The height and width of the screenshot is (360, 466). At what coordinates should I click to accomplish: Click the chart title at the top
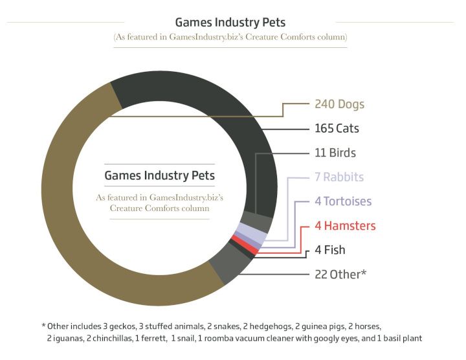pyautogui.click(x=230, y=22)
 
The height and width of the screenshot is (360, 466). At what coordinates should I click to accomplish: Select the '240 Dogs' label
pyautogui.click(x=340, y=104)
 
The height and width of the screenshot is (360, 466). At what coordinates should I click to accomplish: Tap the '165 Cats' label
pyautogui.click(x=337, y=128)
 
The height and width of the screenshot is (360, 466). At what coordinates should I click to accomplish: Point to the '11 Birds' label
pyautogui.click(x=335, y=153)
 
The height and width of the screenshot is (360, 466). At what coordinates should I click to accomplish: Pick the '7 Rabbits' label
pyautogui.click(x=339, y=177)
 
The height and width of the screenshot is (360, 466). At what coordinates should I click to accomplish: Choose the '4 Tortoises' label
pyautogui.click(x=343, y=201)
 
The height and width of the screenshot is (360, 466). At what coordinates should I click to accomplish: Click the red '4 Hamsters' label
pyautogui.click(x=345, y=226)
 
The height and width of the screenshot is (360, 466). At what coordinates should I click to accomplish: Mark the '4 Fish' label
pyautogui.click(x=330, y=250)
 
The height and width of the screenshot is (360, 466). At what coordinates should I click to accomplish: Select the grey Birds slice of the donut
pyautogui.click(x=259, y=222)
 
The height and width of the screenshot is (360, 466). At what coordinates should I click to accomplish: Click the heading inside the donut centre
pyautogui.click(x=159, y=175)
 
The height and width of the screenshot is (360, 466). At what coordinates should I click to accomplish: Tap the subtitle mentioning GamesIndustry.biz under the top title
pyautogui.click(x=230, y=38)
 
